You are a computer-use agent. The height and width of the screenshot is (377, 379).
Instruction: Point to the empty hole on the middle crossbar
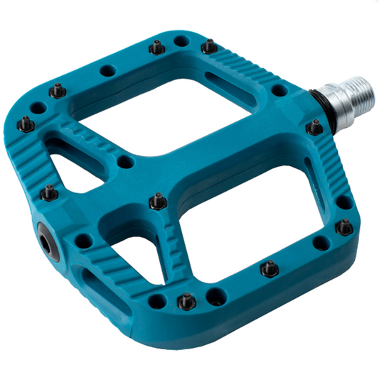pyautogui.click(x=125, y=163)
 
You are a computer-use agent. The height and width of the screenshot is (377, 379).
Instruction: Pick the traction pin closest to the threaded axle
pyautogui.click(x=314, y=128)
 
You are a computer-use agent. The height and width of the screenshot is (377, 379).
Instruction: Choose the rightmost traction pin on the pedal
pyautogui.click(x=344, y=227)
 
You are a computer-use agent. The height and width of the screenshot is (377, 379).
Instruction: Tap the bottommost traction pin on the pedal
pyautogui.click(x=186, y=301)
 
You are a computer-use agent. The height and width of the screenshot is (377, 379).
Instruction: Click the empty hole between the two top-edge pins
pyautogui.click(x=181, y=42)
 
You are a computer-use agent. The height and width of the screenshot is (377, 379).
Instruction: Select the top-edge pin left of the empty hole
pyautogui.click(x=156, y=48)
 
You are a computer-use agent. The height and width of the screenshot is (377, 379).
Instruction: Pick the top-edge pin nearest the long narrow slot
pyautogui.click(x=209, y=47)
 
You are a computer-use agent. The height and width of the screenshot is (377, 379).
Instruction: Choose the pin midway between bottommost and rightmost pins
pyautogui.click(x=269, y=269)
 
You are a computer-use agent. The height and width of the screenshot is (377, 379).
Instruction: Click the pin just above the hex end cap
pyautogui.click(x=48, y=192)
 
